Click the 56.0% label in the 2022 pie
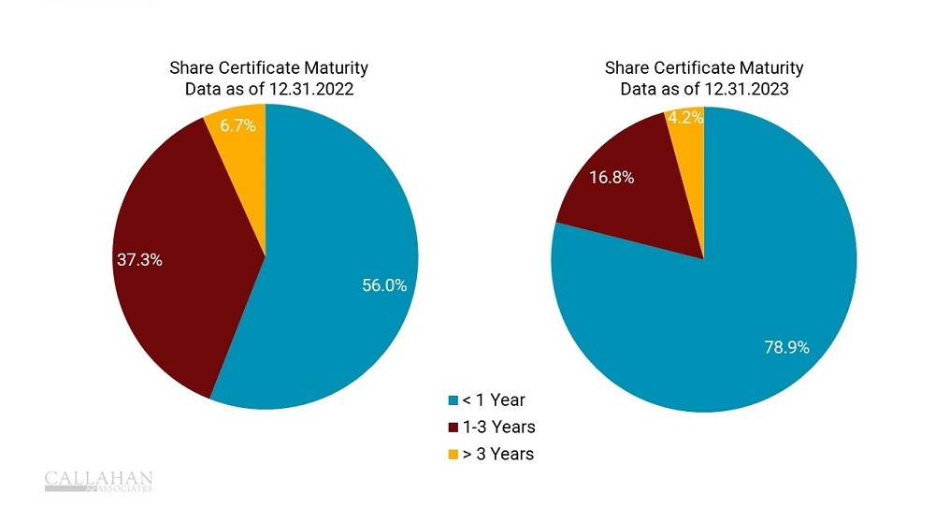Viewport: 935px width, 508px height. [384, 286]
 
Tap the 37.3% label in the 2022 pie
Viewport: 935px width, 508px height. [139, 260]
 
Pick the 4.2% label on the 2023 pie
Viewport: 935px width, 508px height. [683, 119]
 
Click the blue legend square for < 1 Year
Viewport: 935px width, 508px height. [453, 400]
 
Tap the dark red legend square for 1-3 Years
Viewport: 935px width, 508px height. [453, 428]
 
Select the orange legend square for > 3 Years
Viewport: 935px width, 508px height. [453, 455]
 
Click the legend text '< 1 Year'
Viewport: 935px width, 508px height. [494, 400]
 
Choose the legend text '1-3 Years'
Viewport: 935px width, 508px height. [499, 428]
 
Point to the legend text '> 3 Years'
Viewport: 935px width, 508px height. [498, 455]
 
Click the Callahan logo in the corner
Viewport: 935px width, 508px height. [98, 481]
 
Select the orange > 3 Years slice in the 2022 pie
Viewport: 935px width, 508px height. [245, 150]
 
